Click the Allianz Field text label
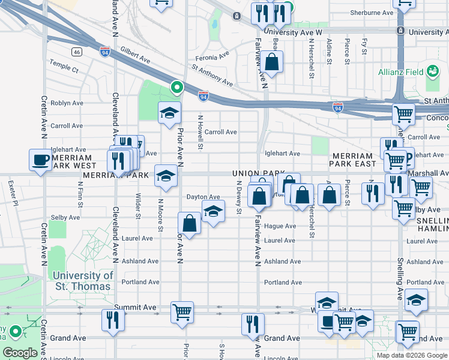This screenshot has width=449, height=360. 400,73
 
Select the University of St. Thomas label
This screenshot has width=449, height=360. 82,281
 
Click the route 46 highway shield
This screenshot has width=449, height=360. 76,52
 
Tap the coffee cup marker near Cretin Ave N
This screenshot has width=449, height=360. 41,160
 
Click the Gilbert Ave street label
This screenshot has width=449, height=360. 135,56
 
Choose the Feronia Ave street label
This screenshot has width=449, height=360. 212,56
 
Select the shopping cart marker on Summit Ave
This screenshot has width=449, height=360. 182,311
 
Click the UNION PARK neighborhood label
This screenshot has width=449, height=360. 258,173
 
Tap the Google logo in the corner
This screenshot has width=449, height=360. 20,353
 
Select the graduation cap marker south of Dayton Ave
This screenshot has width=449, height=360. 212,212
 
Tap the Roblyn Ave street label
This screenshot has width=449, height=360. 67,103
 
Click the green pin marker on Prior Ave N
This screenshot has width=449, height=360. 176,88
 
